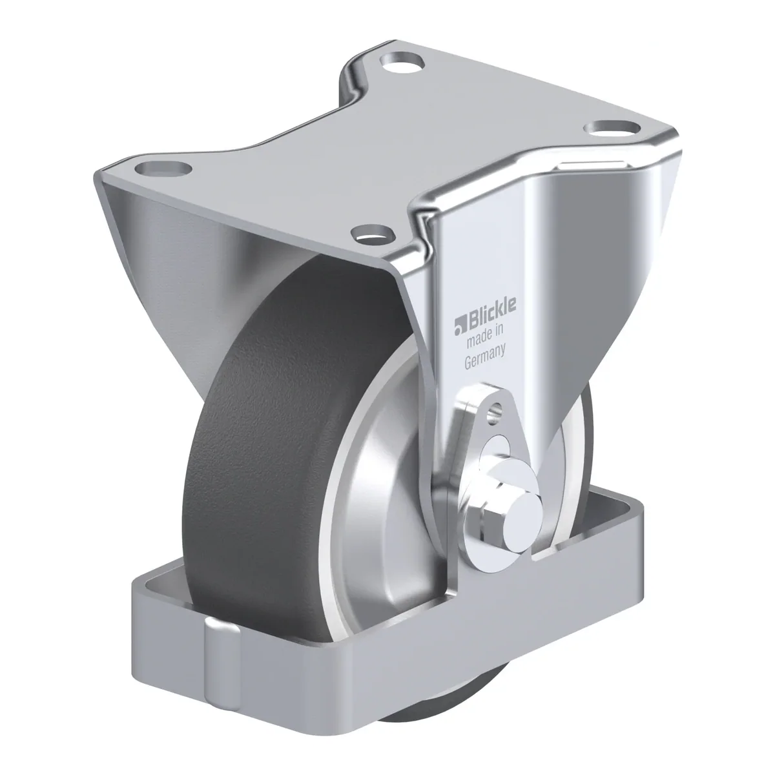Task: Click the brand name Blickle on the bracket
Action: point(491,314)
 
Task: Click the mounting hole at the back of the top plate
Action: point(402,62)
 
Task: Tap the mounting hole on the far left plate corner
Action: point(163,167)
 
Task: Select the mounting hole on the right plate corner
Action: point(612,129)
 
